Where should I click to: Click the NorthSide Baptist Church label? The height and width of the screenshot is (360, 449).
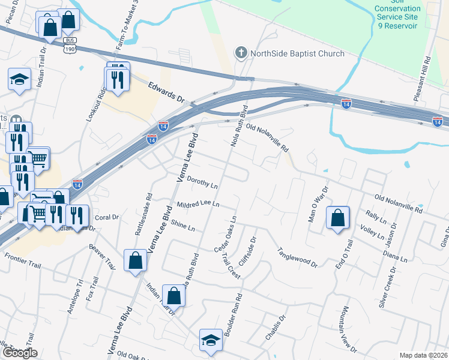point(297,53)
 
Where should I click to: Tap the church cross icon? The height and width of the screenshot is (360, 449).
point(241,53)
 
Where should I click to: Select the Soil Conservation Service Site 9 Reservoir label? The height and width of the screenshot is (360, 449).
point(397,17)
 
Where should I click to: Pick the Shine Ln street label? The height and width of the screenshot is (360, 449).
point(183,225)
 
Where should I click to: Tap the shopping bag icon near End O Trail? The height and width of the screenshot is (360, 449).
point(338,218)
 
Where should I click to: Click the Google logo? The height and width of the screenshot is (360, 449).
point(20,353)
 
